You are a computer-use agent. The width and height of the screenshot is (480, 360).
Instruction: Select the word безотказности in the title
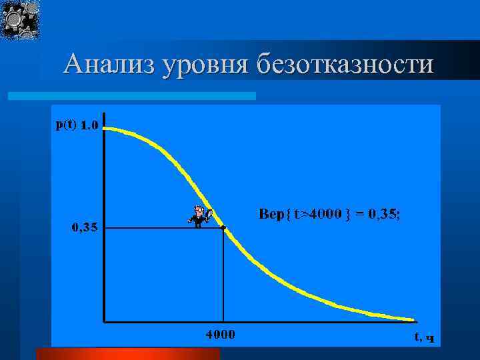coord(344,65)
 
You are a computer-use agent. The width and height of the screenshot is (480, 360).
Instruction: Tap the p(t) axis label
coord(66,125)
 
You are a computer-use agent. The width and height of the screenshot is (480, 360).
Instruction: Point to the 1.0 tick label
coord(91,125)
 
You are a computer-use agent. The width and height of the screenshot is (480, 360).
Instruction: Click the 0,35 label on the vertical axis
coord(85,227)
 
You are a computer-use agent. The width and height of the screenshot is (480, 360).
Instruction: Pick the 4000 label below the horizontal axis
coord(219,334)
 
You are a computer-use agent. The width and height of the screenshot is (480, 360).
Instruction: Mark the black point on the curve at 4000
coord(223,227)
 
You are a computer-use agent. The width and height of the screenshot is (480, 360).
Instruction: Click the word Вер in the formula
coord(270,214)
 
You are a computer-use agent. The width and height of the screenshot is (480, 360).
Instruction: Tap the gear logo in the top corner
coord(20,19)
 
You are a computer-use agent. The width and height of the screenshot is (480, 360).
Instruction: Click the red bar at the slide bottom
coord(127,353)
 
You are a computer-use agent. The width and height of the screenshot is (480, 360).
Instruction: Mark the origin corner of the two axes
coord(104,321)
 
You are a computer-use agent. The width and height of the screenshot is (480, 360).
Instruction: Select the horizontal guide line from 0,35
coord(163,228)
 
